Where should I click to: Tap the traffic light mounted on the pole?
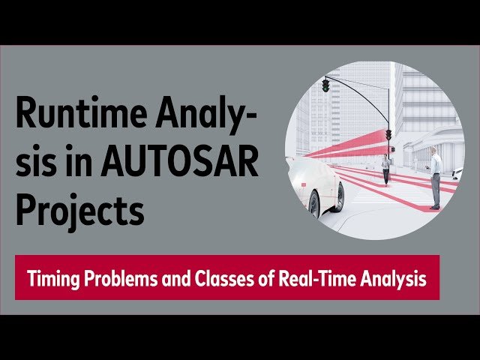388,135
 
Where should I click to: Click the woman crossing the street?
385,169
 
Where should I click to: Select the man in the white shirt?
435,177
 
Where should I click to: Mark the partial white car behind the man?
457,174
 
